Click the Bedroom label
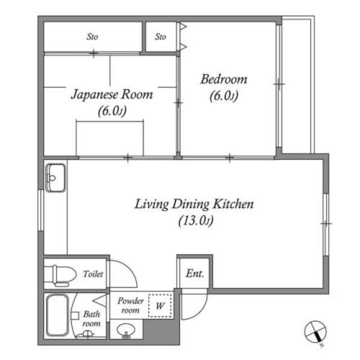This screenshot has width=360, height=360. point(224,79)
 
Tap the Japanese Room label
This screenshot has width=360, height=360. point(112,94)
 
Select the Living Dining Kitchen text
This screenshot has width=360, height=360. point(194,204)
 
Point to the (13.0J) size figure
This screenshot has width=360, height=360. point(196,220)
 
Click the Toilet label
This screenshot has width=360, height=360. point(93,274)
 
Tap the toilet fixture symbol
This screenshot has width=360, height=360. point(60,276)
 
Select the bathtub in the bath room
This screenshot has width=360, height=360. point(57,316)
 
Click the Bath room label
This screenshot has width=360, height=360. point(91,319)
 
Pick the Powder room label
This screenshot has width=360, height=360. point(130,305)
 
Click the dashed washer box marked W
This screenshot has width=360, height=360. point(160,305)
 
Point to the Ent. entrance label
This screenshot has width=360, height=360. point(195,273)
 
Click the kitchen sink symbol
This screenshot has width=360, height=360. point(55,178)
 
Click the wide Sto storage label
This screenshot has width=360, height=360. point(92,37)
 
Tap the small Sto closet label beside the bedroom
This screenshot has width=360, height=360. point(160,37)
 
